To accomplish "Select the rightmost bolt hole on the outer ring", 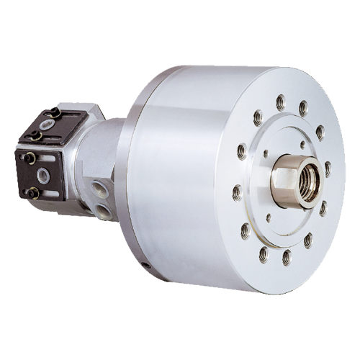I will (x=328, y=170).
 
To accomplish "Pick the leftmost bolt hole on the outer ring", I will (x=237, y=192).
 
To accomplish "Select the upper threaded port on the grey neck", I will (x=97, y=189).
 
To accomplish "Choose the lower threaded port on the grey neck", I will (x=104, y=211).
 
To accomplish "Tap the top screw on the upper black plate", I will (x=54, y=112).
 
